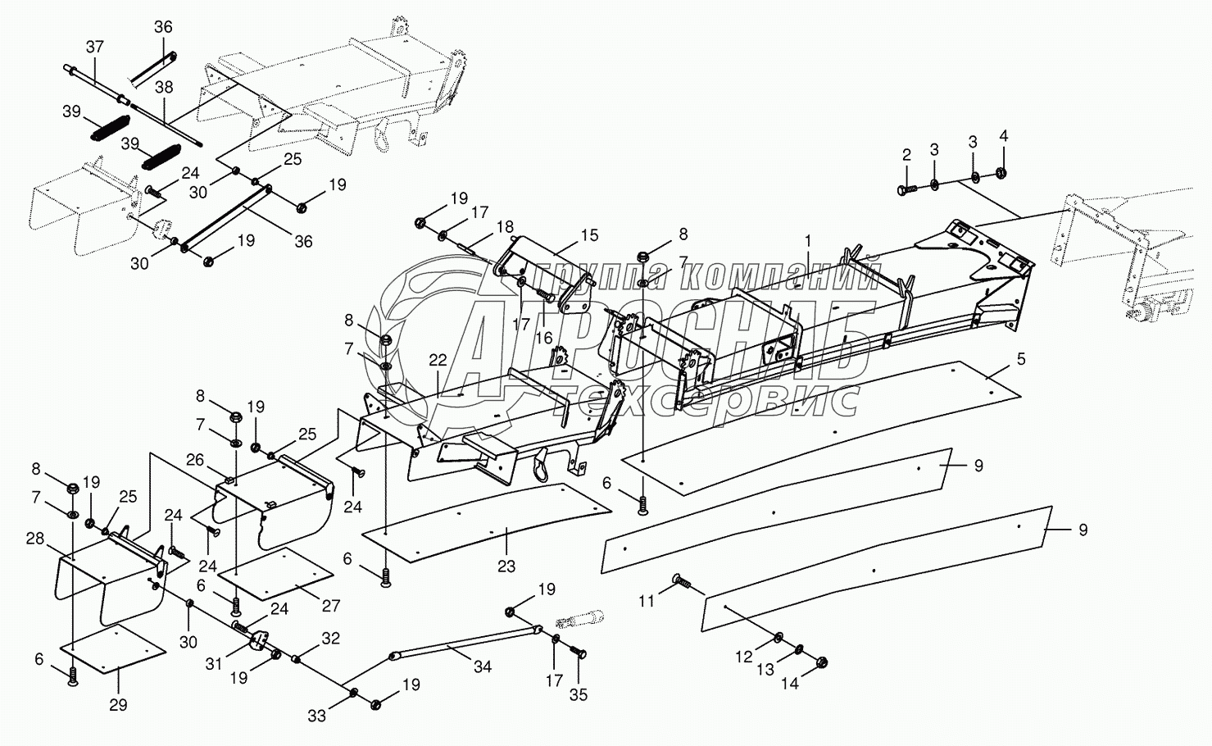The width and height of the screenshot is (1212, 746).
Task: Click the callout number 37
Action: [x=95, y=47]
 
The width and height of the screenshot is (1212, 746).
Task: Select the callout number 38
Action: [x=164, y=87]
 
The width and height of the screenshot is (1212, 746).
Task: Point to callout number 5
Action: [x=1021, y=359]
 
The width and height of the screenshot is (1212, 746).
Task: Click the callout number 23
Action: [x=506, y=566]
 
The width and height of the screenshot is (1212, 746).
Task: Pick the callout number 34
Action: [x=482, y=667]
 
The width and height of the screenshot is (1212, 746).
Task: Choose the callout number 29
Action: [x=118, y=705]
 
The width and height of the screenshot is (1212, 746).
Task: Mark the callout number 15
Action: [x=590, y=235]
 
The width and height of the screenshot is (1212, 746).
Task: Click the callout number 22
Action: [x=438, y=360]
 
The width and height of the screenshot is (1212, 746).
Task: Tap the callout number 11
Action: [x=647, y=601]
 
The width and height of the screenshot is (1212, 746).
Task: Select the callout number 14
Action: [x=790, y=684]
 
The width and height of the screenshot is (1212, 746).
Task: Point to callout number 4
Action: [x=1004, y=136]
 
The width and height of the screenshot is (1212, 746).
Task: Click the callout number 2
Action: [x=906, y=156]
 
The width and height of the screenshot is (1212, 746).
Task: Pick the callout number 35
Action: [x=579, y=695]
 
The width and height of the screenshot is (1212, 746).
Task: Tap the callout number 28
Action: [x=35, y=539]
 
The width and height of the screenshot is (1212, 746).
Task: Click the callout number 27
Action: [x=330, y=605]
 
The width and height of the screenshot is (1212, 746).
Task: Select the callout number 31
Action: [x=214, y=664]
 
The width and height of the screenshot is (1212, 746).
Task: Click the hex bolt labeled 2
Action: [x=907, y=190]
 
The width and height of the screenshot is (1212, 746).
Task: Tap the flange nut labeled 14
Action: [x=821, y=662]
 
